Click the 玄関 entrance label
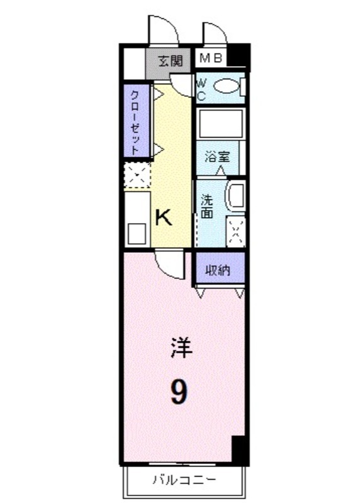click(171, 60)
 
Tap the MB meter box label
click(211, 58)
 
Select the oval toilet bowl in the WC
click(227, 86)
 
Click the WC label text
click(201, 90)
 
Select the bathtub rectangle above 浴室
click(220, 123)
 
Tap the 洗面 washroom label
click(207, 207)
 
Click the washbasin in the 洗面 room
click(236, 196)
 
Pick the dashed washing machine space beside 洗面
click(236, 231)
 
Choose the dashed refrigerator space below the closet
click(137, 175)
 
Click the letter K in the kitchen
click(164, 217)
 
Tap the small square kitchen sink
click(137, 233)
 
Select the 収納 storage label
click(218, 270)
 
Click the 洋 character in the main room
click(181, 348)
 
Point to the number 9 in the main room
click(179, 391)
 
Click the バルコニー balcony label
click(184, 480)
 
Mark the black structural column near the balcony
click(240, 450)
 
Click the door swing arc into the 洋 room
click(169, 265)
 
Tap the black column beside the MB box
click(239, 56)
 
